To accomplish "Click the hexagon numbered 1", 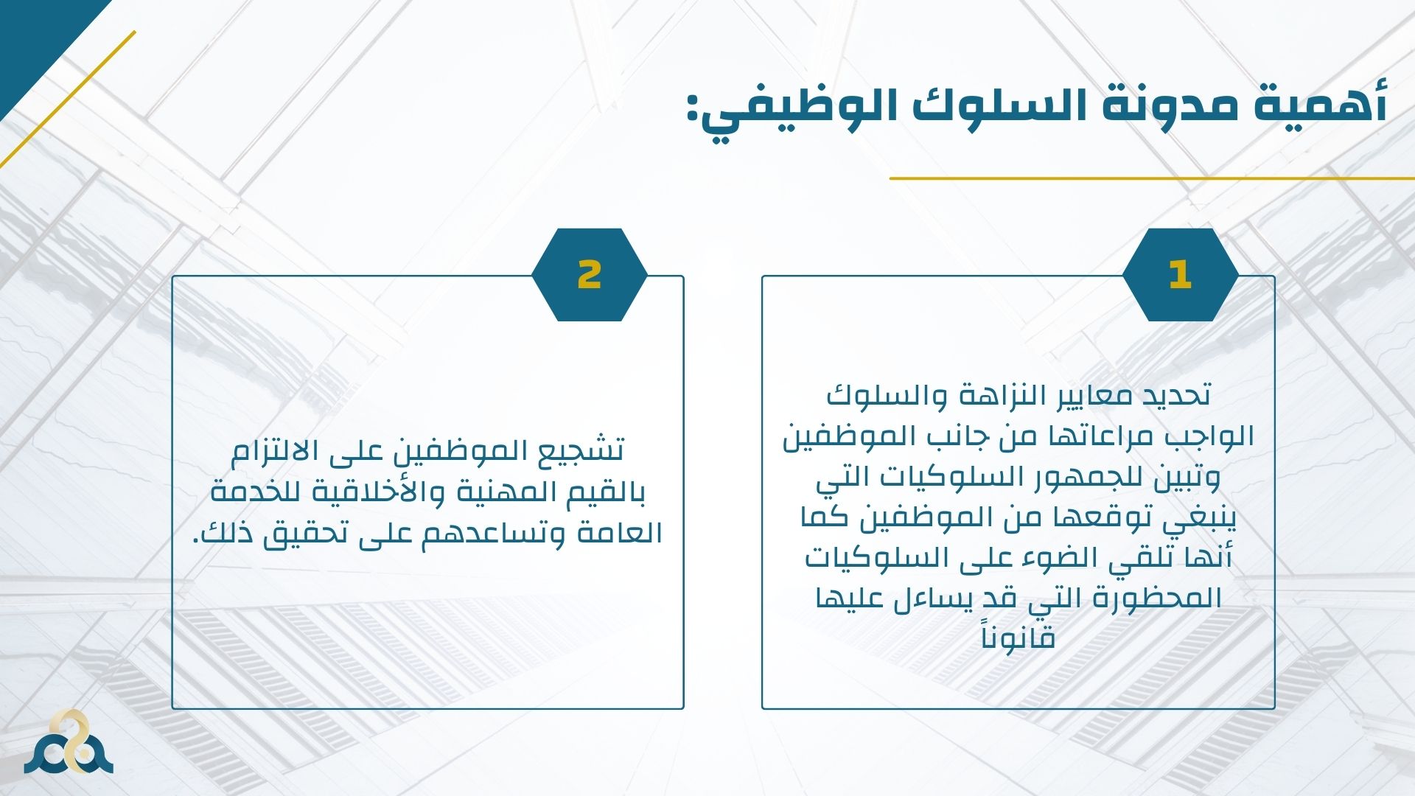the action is [x=1180, y=274].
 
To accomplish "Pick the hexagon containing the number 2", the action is [x=589, y=274].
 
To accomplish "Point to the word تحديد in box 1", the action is [x=1171, y=395].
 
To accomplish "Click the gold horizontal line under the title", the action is [x=1152, y=178].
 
